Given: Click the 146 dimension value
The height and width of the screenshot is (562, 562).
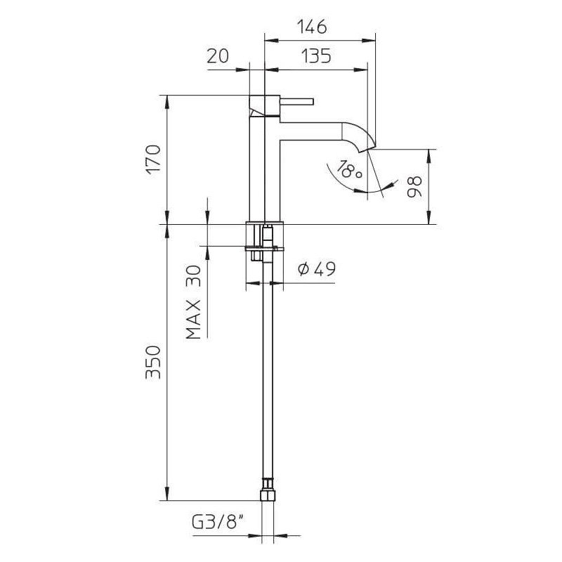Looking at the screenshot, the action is [x=312, y=27].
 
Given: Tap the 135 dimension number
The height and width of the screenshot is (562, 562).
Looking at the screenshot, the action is [x=315, y=56].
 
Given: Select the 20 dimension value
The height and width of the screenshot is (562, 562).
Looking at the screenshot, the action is [x=218, y=56].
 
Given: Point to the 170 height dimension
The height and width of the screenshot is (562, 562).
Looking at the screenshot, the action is [x=154, y=159].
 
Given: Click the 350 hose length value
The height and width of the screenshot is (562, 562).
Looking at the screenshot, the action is [x=153, y=362].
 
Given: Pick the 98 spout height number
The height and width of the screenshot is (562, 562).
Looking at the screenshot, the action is [x=414, y=187].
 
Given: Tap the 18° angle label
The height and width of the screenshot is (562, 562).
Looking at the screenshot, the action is [x=349, y=170].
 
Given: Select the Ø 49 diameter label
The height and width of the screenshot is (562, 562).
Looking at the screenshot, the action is [x=317, y=268].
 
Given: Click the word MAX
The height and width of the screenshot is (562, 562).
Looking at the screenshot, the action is [x=193, y=320].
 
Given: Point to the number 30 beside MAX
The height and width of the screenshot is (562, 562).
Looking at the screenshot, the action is [x=194, y=275].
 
